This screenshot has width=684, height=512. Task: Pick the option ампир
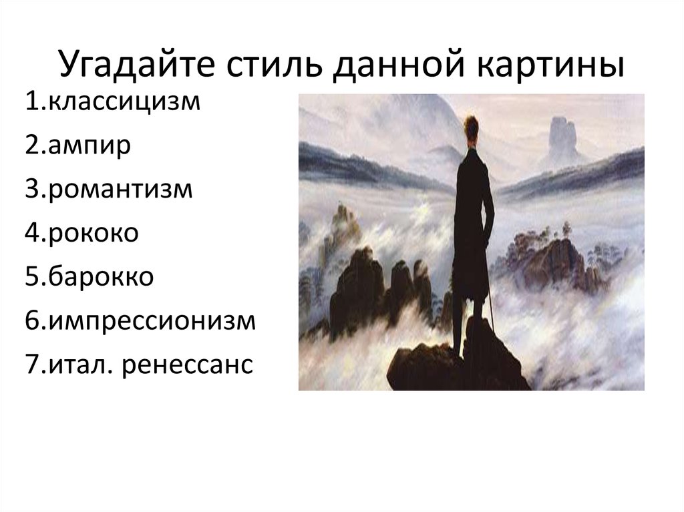click(91, 146)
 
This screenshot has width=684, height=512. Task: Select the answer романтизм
click(120, 189)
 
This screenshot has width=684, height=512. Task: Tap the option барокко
click(100, 276)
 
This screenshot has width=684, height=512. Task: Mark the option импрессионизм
click(151, 320)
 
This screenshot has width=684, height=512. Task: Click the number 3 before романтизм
click(34, 189)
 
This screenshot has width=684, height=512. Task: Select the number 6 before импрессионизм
click(34, 320)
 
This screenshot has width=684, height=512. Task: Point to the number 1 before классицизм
click(34, 102)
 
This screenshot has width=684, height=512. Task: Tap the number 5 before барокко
click(34, 276)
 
